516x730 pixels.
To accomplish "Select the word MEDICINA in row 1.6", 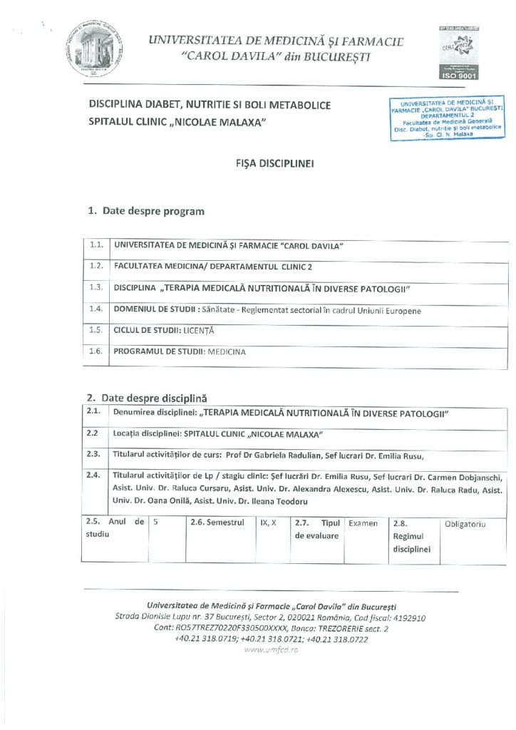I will click(227, 352).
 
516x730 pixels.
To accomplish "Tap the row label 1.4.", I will click(97, 309).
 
